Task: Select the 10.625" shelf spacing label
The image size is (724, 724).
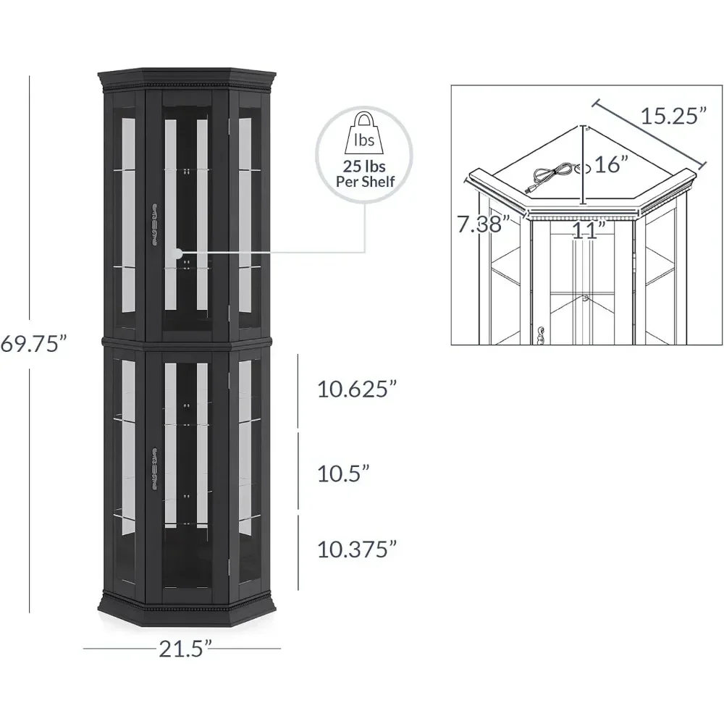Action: click(x=357, y=390)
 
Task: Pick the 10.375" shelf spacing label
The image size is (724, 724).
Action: click(x=357, y=550)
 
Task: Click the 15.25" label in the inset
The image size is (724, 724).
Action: click(x=673, y=116)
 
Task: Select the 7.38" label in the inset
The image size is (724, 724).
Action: click(x=480, y=224)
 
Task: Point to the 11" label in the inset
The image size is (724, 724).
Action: click(x=587, y=231)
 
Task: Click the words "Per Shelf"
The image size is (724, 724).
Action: click(x=365, y=181)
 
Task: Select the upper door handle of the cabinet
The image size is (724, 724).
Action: click(x=153, y=224)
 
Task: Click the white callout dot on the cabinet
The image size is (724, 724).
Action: click(x=178, y=253)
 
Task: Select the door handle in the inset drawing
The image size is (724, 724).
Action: click(x=541, y=334)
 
